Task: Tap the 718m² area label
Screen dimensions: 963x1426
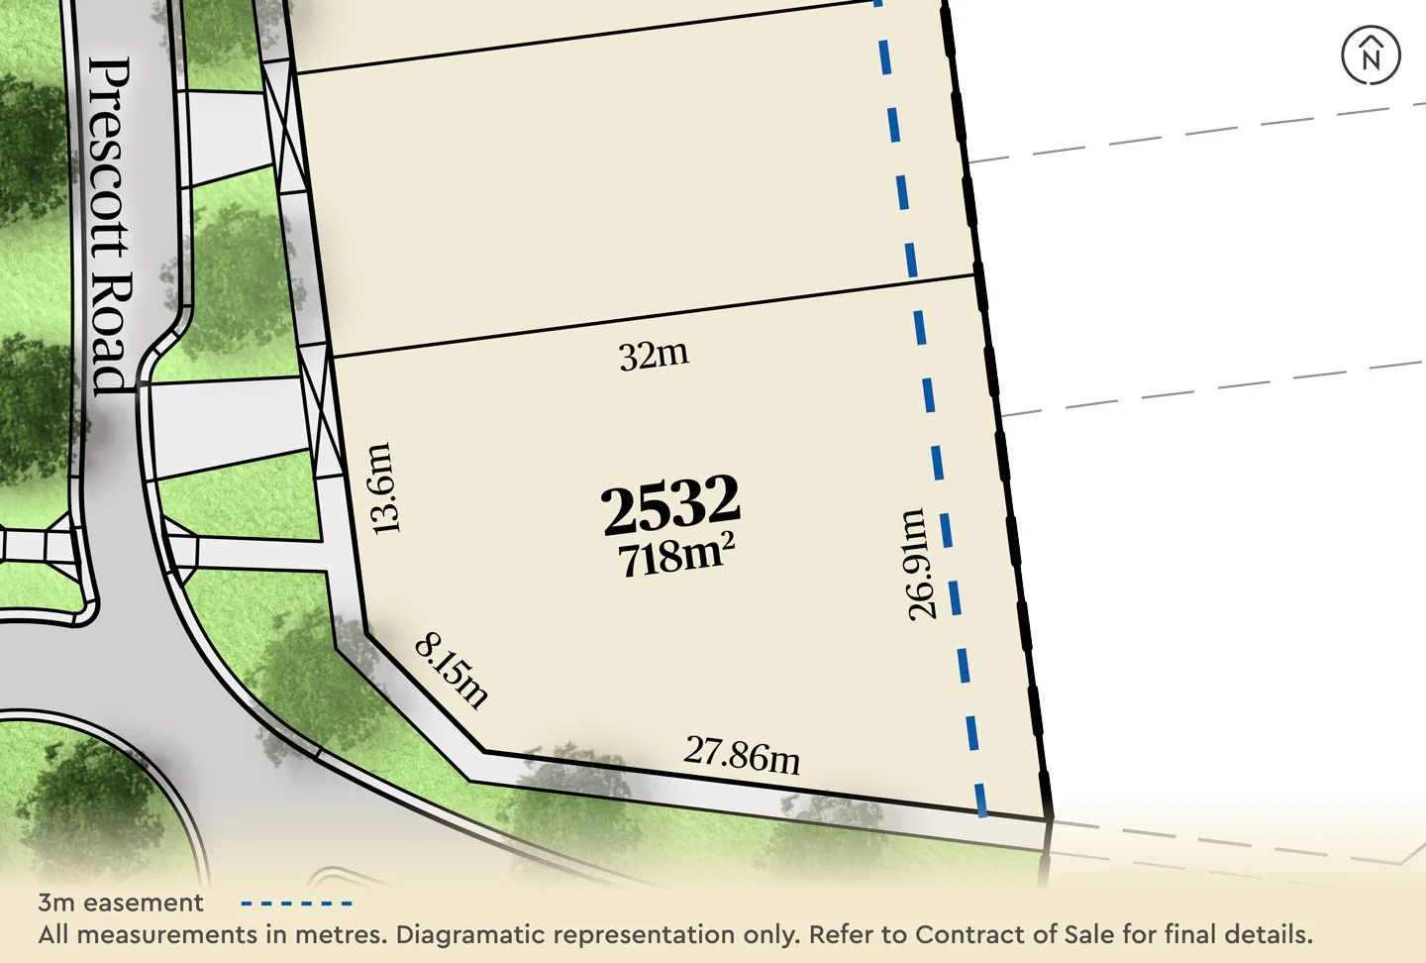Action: coord(676,555)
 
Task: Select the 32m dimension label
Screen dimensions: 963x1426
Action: coord(654,355)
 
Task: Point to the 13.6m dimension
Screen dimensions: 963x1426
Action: coord(382,488)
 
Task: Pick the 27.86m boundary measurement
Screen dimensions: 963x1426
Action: coord(742,755)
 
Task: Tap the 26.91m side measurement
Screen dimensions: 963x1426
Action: coord(919,565)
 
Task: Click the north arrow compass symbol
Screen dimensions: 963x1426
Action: coord(1371,55)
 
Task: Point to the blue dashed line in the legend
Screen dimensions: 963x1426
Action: coord(297,904)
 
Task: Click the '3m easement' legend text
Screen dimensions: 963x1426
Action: coord(121,903)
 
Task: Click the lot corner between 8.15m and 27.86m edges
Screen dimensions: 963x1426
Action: coord(484,751)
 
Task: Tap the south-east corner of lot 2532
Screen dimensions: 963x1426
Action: coord(1049,819)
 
